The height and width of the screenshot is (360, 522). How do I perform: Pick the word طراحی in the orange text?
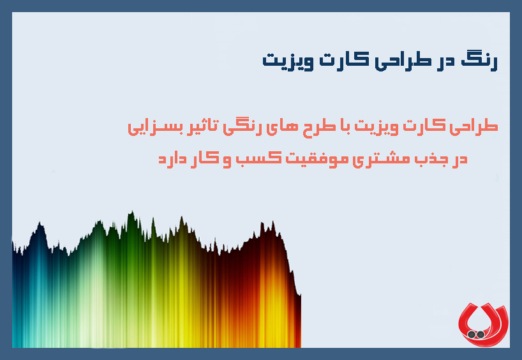[x=475, y=126]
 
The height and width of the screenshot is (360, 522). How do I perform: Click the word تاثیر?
[x=197, y=126]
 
